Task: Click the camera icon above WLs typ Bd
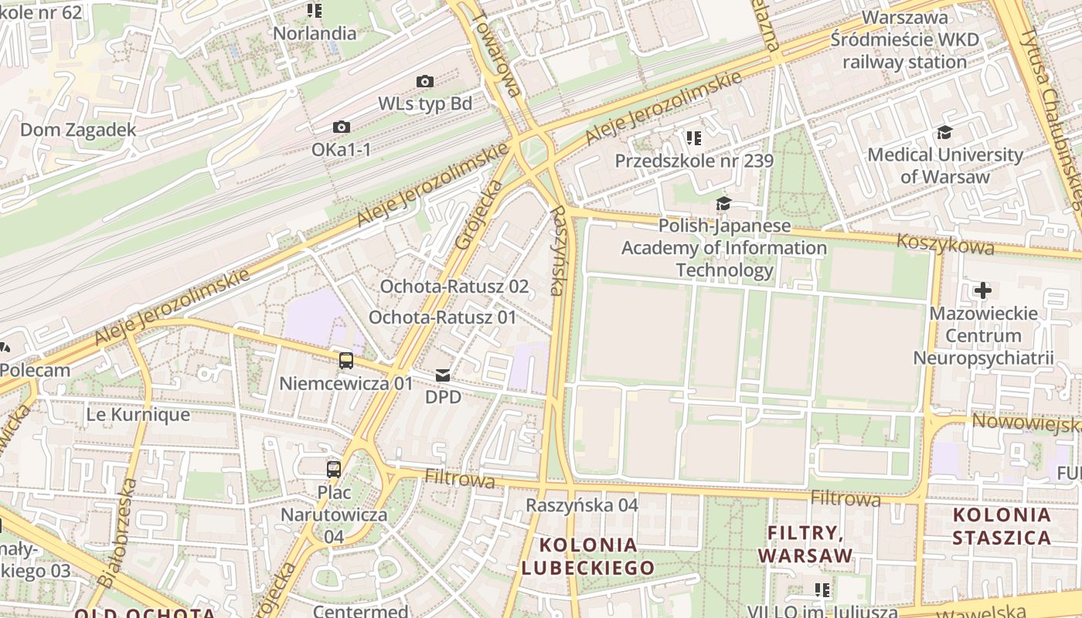(x=424, y=81)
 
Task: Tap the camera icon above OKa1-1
(x=341, y=127)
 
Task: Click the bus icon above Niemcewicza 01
(x=346, y=360)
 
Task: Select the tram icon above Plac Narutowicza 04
(x=334, y=469)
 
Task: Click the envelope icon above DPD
(x=443, y=375)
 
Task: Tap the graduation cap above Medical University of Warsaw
(x=944, y=132)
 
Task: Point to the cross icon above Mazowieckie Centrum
(x=982, y=290)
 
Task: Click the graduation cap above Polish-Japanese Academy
(x=723, y=203)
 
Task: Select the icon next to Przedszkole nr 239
(x=693, y=138)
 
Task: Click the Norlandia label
(x=315, y=33)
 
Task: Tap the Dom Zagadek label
(x=78, y=130)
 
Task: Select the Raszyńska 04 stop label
(x=582, y=505)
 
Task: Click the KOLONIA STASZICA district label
(x=1002, y=526)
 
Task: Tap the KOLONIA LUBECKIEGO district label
(x=588, y=556)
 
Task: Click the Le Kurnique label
(x=138, y=414)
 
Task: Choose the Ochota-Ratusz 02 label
(x=454, y=287)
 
